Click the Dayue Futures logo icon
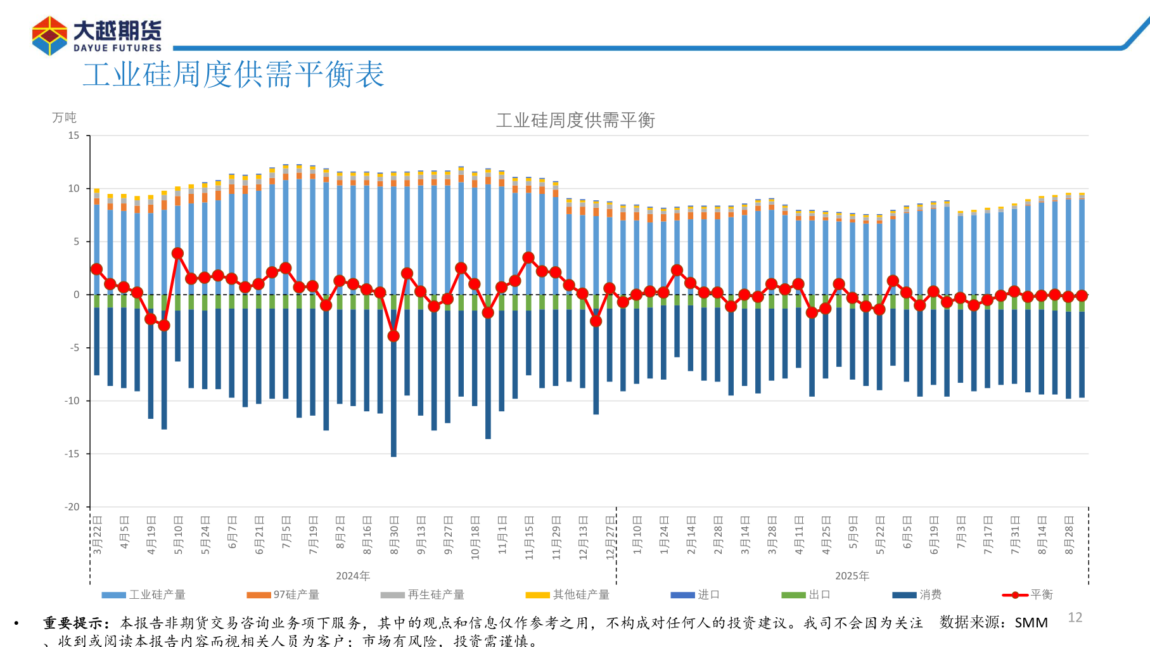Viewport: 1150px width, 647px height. [49, 35]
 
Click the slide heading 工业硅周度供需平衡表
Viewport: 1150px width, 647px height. [233, 75]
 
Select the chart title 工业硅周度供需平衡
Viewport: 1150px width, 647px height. [575, 120]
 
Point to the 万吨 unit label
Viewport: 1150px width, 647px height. [64, 117]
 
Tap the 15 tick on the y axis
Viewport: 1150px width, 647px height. [74, 136]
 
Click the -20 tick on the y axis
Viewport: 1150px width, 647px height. [72, 507]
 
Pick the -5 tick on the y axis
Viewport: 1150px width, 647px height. [74, 348]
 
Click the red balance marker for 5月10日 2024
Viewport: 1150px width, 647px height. [177, 253]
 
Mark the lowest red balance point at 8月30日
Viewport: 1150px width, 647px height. [393, 336]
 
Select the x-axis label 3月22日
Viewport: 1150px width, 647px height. [98, 535]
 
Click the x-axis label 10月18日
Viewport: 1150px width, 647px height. [475, 537]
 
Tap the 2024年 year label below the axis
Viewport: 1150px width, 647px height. [353, 576]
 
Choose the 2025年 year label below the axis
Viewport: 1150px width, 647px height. [852, 576]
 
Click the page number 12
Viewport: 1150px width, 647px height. [1075, 617]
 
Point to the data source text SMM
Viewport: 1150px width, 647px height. [1031, 623]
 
